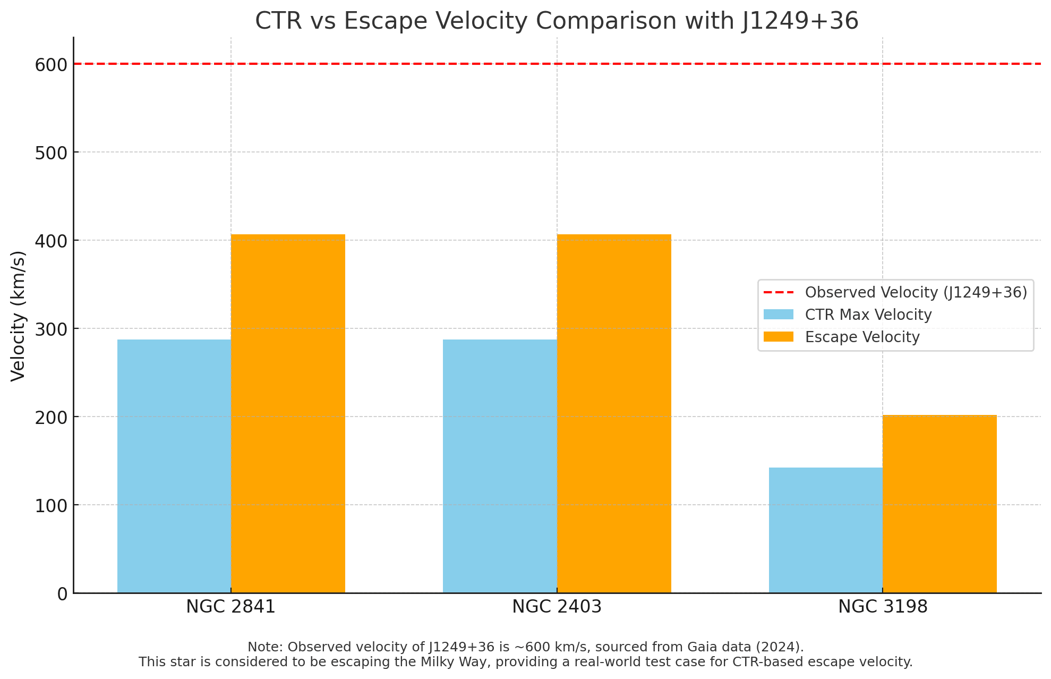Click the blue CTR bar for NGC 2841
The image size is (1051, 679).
pos(174,466)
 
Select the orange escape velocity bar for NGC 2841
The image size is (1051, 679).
pos(288,413)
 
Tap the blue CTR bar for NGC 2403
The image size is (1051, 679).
pos(500,466)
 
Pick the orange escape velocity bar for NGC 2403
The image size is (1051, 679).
pos(614,413)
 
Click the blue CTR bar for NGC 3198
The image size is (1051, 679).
pos(826,530)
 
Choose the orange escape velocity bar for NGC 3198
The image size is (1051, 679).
pos(939,504)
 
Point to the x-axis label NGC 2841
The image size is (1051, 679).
pos(231,607)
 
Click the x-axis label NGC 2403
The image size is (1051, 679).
pos(557,607)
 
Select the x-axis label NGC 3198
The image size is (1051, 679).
pos(883,607)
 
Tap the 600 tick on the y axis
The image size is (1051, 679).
pos(52,65)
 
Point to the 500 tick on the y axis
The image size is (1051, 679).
pos(52,152)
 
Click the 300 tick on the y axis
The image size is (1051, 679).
pos(52,329)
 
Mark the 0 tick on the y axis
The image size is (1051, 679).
pos(63,593)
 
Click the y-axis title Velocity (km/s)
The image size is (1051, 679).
pos(18,316)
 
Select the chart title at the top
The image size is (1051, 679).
pos(557,21)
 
